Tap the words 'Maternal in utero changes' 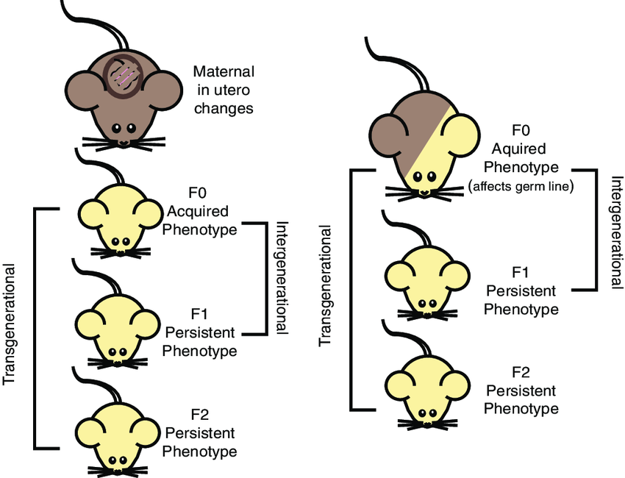[224, 90]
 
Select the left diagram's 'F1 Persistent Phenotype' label [199, 333]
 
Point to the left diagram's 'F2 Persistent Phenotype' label [199, 433]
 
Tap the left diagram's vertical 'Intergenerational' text [281, 279]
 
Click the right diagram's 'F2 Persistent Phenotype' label [521, 390]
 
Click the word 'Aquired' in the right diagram [521, 148]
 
